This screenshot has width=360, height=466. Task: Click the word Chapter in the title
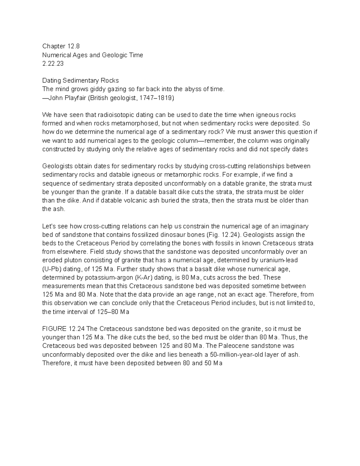[54, 46]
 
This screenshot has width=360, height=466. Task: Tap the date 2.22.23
[53, 64]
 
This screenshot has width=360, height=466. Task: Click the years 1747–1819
[155, 98]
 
